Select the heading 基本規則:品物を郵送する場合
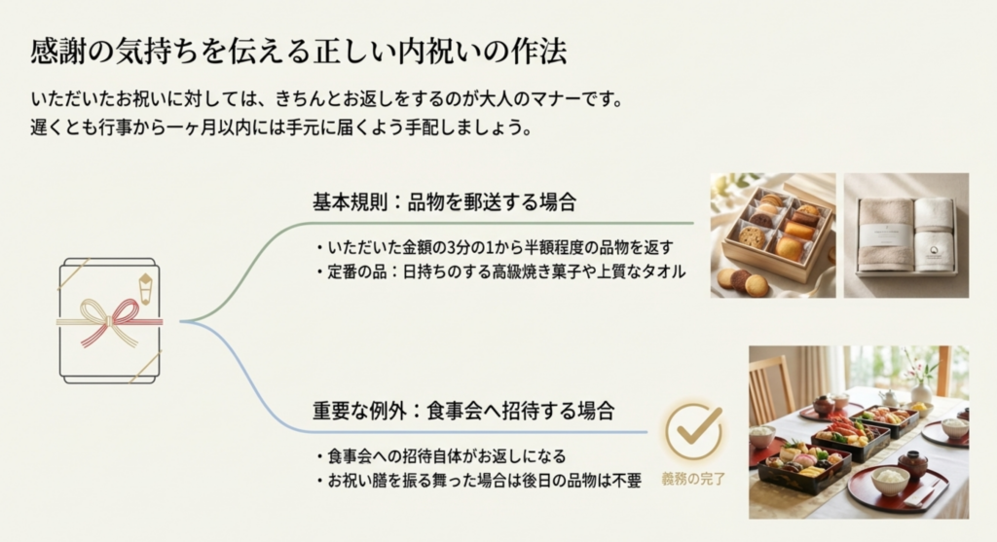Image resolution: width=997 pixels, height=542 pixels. pos(445,202)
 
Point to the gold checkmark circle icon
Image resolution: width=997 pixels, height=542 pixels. pos(694,432)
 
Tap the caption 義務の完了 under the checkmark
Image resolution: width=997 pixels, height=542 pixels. pos(693,479)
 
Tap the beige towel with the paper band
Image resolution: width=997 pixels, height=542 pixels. pos(885,234)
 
